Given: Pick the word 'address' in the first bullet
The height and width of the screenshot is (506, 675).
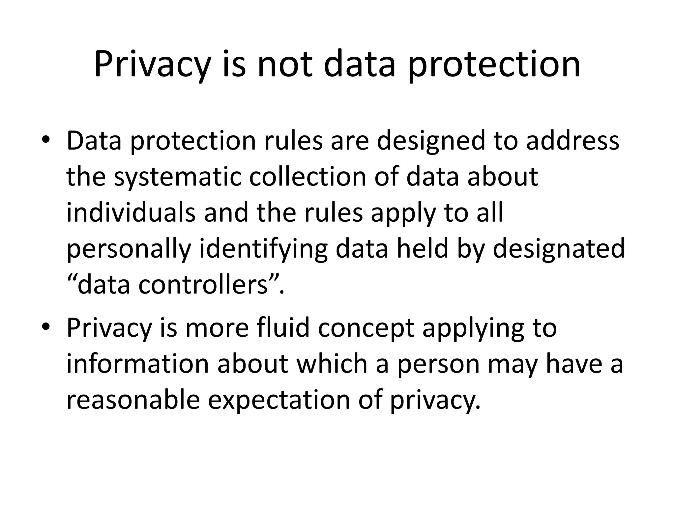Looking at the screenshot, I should coord(572,141).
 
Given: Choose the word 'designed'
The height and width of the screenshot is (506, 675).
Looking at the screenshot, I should coord(431,141).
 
